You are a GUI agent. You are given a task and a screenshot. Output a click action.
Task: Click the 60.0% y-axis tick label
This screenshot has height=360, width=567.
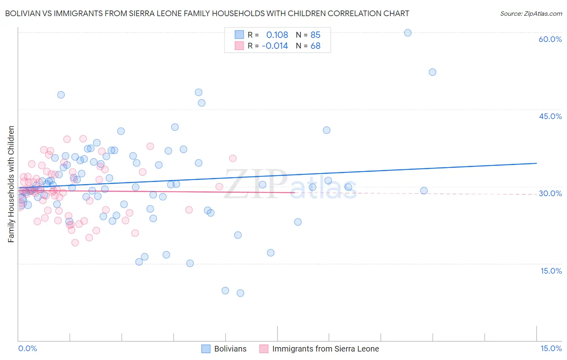(550, 39)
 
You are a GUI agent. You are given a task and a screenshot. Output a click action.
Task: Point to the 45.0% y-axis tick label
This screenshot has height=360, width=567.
(550, 116)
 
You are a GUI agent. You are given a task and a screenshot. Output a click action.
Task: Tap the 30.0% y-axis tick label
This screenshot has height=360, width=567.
(550, 193)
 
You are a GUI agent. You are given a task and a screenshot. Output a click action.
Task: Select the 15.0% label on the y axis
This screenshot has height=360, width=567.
(551, 271)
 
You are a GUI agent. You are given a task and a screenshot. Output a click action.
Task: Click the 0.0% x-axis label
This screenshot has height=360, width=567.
(27, 348)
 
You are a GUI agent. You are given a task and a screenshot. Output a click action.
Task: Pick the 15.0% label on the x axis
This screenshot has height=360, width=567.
(551, 348)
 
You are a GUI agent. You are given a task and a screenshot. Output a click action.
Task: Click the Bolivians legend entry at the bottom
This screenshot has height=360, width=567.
(230, 349)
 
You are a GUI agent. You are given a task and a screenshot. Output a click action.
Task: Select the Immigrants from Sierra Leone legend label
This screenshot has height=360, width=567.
(325, 349)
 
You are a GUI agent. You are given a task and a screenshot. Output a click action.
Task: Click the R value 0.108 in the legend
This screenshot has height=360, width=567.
(277, 35)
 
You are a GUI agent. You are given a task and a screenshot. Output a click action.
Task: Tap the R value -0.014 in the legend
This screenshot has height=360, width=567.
(275, 46)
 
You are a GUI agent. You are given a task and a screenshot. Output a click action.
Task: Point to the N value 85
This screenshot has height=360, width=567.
(315, 35)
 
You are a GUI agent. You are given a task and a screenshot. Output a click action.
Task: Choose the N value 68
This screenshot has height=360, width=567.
(315, 46)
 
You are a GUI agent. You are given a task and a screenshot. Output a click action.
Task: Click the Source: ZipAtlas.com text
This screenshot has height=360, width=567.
(531, 14)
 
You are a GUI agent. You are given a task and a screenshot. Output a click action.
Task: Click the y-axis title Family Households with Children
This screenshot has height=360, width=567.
(11, 184)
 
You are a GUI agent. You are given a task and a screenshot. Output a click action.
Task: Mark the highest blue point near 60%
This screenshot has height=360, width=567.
(408, 33)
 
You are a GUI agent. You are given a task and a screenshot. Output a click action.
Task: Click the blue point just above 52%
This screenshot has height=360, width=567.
(432, 72)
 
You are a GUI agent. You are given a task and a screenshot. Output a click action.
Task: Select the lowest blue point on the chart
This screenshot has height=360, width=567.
(240, 293)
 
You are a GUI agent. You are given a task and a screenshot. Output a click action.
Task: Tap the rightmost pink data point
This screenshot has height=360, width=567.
(233, 159)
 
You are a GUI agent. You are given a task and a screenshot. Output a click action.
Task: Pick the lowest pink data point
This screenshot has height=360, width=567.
(75, 243)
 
